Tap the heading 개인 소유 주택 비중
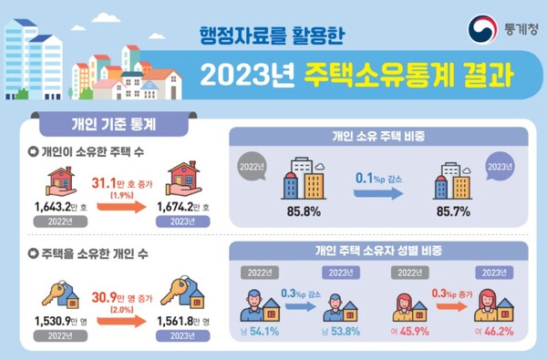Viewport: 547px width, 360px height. point(377,136)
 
